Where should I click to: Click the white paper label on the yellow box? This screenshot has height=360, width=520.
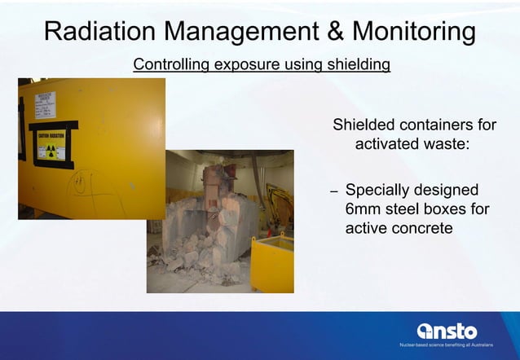(x=46, y=106)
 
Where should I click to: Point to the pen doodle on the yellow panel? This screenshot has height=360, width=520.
(x=82, y=183)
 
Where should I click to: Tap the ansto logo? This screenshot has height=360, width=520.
(x=447, y=331)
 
